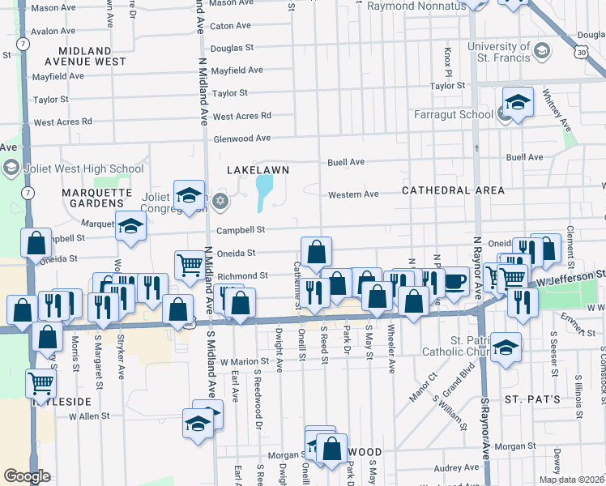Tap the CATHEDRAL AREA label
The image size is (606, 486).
(454, 190)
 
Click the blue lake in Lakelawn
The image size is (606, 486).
(264, 192)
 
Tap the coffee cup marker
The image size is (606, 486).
(455, 281)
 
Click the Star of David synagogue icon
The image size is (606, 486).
(221, 200)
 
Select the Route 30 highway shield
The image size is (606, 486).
(583, 52)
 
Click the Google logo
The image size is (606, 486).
(28, 476)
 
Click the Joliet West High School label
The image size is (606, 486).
(75, 168)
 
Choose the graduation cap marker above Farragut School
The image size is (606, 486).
(518, 102)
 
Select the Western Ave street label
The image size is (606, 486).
(353, 194)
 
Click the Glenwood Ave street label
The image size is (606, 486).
(241, 139)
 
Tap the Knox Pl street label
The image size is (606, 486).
(447, 58)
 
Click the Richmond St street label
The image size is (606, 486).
(242, 276)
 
